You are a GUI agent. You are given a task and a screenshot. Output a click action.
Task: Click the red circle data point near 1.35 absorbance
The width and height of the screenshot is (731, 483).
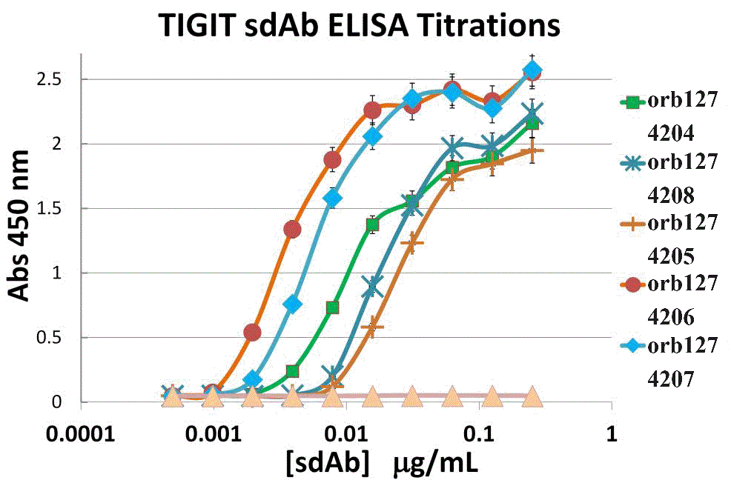[x=292, y=229]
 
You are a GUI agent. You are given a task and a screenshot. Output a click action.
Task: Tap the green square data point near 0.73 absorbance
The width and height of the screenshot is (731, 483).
[x=332, y=307]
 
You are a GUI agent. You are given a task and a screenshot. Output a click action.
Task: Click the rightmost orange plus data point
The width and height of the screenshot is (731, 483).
[x=532, y=151]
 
